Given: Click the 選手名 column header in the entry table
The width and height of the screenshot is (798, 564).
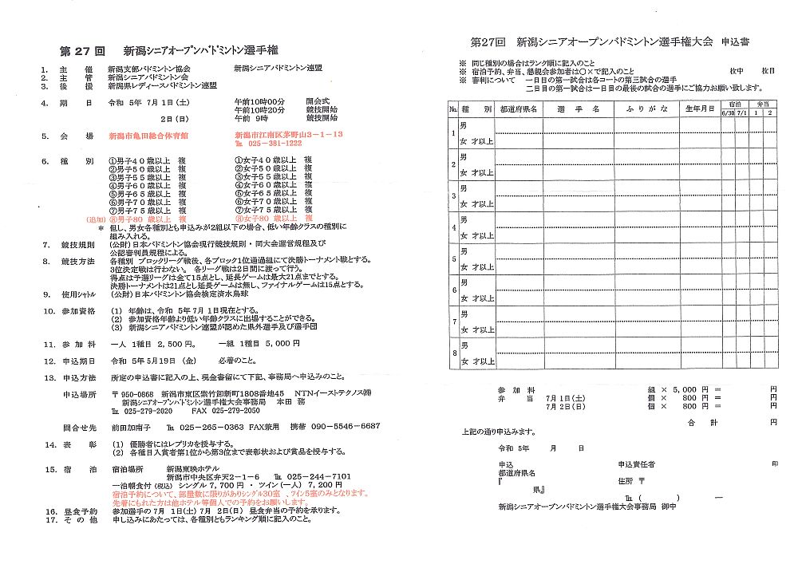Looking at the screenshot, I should tap(579, 108).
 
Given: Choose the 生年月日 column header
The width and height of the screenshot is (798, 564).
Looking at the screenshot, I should tap(699, 108).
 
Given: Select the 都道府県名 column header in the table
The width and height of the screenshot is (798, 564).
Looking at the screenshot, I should tap(518, 108).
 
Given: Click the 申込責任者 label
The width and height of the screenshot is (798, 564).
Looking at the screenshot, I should tap(637, 463).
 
